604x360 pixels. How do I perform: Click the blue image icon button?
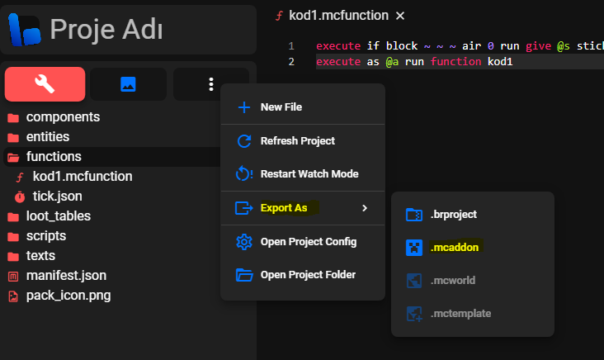click(128, 84)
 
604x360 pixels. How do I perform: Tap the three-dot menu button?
click(211, 84)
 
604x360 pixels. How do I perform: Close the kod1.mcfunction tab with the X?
click(400, 16)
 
